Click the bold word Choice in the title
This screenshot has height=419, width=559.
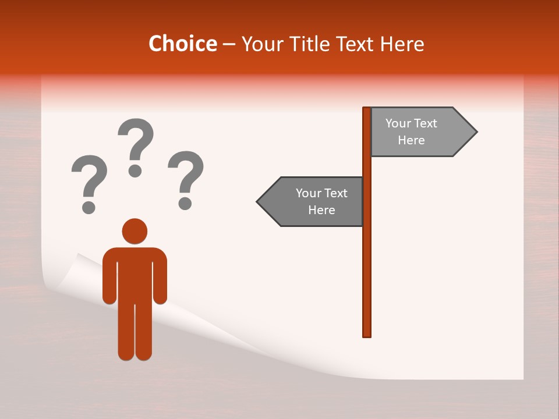pos(182,44)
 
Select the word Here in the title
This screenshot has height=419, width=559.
pos(402,44)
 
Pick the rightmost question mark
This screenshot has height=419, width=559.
pos(186,179)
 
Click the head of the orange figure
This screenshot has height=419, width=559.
pos(135,231)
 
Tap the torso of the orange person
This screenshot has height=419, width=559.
pos(135,274)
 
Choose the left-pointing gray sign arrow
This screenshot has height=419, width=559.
pos(312,201)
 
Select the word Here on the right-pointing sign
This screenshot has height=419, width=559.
pos(411,140)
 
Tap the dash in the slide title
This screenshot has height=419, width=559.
pos(229,44)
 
